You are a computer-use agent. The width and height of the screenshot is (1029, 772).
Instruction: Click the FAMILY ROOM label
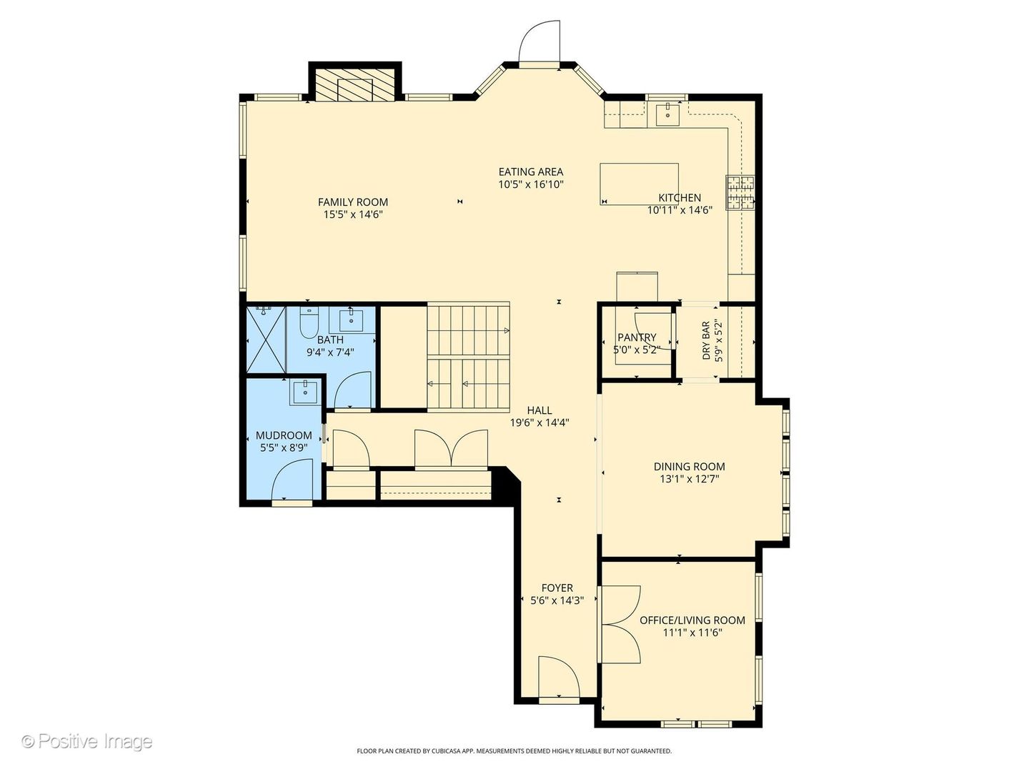(x=352, y=202)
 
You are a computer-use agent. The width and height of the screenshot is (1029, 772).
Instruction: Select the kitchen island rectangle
(x=639, y=184)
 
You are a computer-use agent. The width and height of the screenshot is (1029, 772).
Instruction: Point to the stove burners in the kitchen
(x=741, y=192)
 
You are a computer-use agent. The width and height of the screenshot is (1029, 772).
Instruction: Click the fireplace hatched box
(x=355, y=85)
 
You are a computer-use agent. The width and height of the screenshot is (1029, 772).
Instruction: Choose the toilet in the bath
(x=309, y=322)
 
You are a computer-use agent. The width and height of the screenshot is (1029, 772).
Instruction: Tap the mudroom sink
(x=305, y=392)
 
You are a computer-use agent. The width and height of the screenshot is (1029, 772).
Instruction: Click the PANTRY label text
(x=637, y=337)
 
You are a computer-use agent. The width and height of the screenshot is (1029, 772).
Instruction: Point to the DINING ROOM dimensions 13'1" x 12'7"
(x=689, y=479)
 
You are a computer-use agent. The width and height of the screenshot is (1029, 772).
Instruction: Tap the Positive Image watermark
(x=87, y=741)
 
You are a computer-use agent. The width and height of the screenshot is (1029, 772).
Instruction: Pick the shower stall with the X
(x=267, y=340)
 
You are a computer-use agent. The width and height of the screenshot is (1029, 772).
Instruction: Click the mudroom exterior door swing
(x=292, y=480)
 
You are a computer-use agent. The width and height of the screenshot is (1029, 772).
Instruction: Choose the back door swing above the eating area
(x=540, y=41)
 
